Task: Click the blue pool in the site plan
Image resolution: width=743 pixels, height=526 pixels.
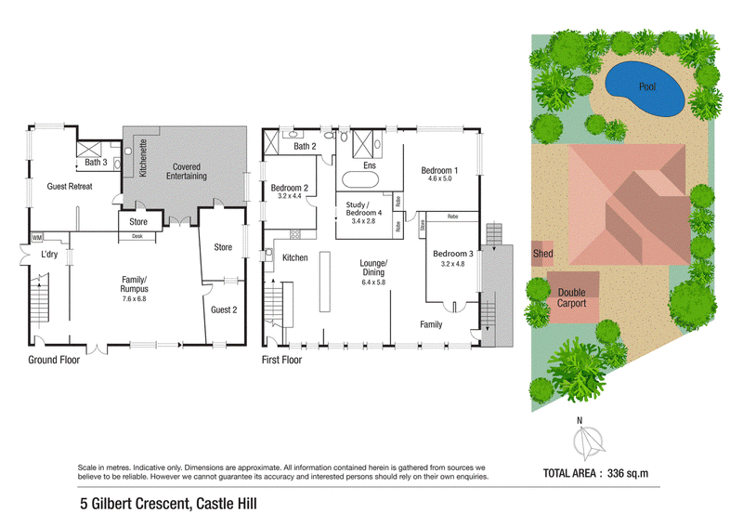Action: click(x=645, y=89)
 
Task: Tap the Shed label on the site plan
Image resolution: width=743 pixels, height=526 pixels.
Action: click(x=542, y=254)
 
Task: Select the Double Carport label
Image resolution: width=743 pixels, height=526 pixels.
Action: click(x=571, y=298)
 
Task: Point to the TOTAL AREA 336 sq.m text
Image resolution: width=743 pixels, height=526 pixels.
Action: click(x=595, y=473)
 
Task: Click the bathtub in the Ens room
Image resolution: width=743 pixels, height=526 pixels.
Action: click(x=360, y=180)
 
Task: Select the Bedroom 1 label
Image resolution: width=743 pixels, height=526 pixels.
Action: click(x=439, y=170)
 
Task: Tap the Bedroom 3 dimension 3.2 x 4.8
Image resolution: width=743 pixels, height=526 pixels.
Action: click(x=452, y=264)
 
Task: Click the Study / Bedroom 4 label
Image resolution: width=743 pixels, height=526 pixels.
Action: click(x=363, y=209)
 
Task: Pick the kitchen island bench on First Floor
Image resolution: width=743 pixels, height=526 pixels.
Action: click(x=324, y=282)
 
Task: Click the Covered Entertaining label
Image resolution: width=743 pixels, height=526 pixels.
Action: click(x=187, y=171)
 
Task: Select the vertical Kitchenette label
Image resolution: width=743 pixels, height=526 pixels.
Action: click(x=143, y=157)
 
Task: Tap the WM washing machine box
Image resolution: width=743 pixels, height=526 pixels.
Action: click(x=37, y=237)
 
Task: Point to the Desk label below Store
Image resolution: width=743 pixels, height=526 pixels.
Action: click(x=137, y=236)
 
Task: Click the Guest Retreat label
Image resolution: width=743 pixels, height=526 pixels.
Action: click(x=70, y=187)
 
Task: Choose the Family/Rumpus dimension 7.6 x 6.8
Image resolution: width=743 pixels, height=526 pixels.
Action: click(x=134, y=299)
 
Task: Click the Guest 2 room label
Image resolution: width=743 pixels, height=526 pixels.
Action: click(x=224, y=309)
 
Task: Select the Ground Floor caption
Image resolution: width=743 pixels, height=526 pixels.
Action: click(x=54, y=360)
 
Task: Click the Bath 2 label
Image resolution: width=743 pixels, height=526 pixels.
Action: click(x=305, y=146)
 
